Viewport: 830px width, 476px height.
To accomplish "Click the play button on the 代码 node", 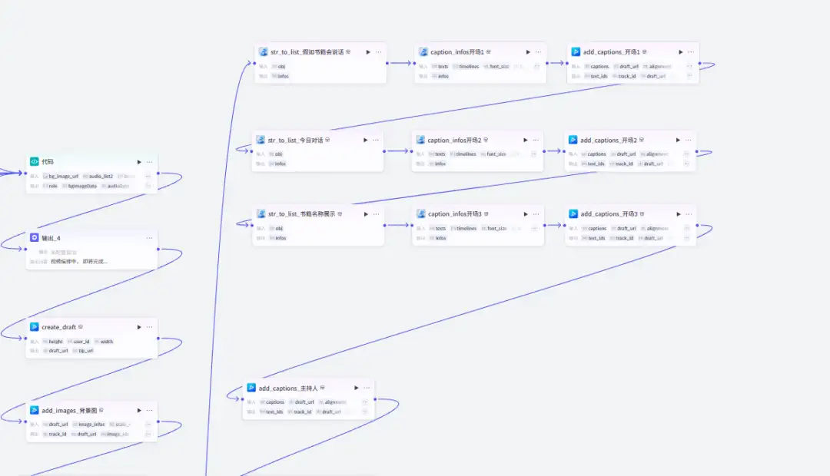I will coord(139,162).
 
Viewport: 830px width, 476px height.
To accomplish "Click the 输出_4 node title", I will coord(51,238).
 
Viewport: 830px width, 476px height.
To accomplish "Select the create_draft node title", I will coord(58,327).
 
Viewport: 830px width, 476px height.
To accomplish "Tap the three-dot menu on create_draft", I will coord(150,327).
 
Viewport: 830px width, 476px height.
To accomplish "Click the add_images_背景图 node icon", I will coord(35,410).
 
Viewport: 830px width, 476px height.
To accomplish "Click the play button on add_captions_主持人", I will coord(356,388).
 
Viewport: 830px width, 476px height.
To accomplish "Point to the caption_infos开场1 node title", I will coord(456,52).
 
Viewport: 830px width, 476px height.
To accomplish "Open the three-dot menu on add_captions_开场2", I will coord(689,140).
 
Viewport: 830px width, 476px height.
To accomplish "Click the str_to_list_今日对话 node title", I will coord(295,140).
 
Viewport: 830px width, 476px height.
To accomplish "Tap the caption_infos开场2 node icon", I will coord(420,140).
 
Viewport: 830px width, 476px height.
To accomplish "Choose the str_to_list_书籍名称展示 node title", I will coord(301,214).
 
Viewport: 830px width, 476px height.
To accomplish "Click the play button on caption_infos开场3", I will coord(526,214).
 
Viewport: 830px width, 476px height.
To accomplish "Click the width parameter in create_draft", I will coord(106,342).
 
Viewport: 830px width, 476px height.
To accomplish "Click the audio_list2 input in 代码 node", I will coord(101,177).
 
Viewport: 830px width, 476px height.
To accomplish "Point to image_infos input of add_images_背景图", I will coord(91,425).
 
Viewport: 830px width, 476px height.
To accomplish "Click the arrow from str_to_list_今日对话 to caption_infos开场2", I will coord(397,151).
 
